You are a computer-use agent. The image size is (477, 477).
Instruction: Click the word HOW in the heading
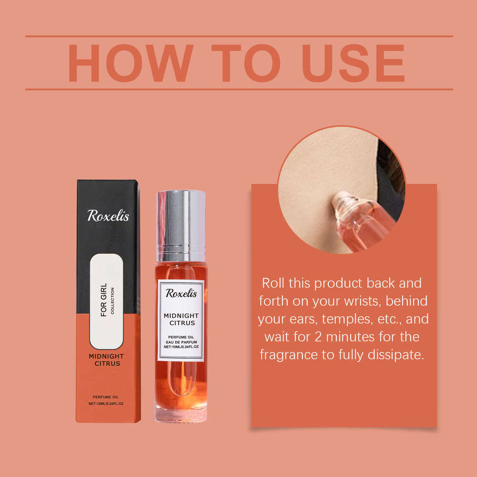131,63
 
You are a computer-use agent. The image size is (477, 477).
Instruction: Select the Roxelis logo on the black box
108,216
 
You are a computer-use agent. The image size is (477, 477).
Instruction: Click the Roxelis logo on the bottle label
181,293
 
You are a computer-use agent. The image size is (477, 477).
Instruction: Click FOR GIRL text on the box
104,300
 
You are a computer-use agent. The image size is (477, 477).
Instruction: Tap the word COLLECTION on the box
112,301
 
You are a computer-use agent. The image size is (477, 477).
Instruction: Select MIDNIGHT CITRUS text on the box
106,360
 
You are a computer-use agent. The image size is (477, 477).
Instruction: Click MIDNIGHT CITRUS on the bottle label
181,320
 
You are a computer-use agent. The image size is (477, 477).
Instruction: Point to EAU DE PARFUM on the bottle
181,342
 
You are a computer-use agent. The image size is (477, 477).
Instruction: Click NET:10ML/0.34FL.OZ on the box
106,404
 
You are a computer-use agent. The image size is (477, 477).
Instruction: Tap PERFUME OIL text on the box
105,397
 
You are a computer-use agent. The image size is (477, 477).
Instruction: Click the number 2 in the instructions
318,337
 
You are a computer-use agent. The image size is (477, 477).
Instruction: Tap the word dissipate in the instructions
396,355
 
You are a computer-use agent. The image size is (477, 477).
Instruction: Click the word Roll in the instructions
273,283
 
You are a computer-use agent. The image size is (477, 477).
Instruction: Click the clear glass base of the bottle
181,415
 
